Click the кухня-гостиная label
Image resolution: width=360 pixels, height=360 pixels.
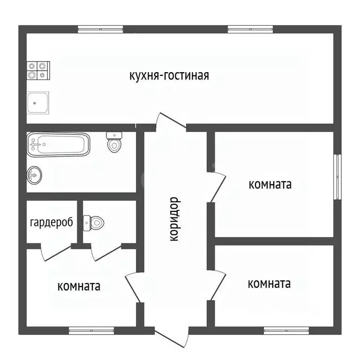pyautogui.click(x=169, y=76)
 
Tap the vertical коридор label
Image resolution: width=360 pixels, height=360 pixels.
pyautogui.click(x=174, y=219)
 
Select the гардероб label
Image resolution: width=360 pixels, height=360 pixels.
pyautogui.click(x=52, y=223)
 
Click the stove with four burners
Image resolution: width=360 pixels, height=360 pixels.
pyautogui.click(x=37, y=70)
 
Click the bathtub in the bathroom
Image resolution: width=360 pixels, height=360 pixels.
pyautogui.click(x=58, y=144)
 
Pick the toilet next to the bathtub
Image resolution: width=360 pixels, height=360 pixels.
pyautogui.click(x=114, y=142)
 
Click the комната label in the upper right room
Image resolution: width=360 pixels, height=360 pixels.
pyautogui.click(x=270, y=185)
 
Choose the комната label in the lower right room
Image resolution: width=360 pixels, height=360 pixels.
pyautogui.click(x=269, y=284)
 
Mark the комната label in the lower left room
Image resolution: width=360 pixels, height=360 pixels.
pyautogui.click(x=79, y=286)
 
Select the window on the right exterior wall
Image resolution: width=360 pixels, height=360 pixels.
pyautogui.click(x=337, y=176)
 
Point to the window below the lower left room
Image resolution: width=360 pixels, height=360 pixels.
pyautogui.click(x=91, y=330)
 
